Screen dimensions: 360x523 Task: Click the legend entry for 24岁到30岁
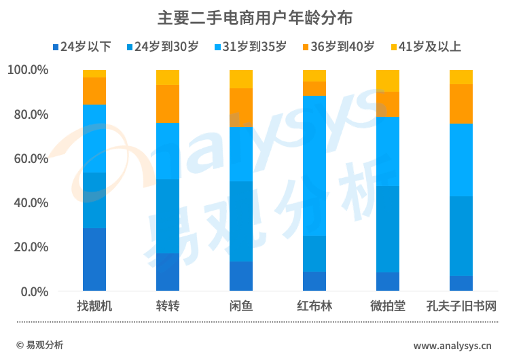162,47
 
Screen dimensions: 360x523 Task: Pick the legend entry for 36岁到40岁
338,47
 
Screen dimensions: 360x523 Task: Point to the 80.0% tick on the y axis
28,114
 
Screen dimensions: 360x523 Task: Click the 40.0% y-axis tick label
28,202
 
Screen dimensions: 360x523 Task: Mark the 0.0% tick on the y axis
31,291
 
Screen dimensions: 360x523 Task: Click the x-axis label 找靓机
94,306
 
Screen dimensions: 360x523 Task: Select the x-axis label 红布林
314,306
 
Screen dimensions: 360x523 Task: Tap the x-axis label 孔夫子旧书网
461,306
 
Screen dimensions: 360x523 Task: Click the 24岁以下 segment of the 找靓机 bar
94,259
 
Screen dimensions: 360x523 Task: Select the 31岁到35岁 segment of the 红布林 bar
314,166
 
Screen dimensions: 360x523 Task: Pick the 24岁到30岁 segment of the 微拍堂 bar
388,229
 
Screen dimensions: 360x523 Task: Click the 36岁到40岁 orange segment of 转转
168,104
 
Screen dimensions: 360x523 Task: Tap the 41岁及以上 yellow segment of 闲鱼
241,79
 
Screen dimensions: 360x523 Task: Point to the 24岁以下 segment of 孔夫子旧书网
461,283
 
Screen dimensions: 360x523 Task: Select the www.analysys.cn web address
453,346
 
